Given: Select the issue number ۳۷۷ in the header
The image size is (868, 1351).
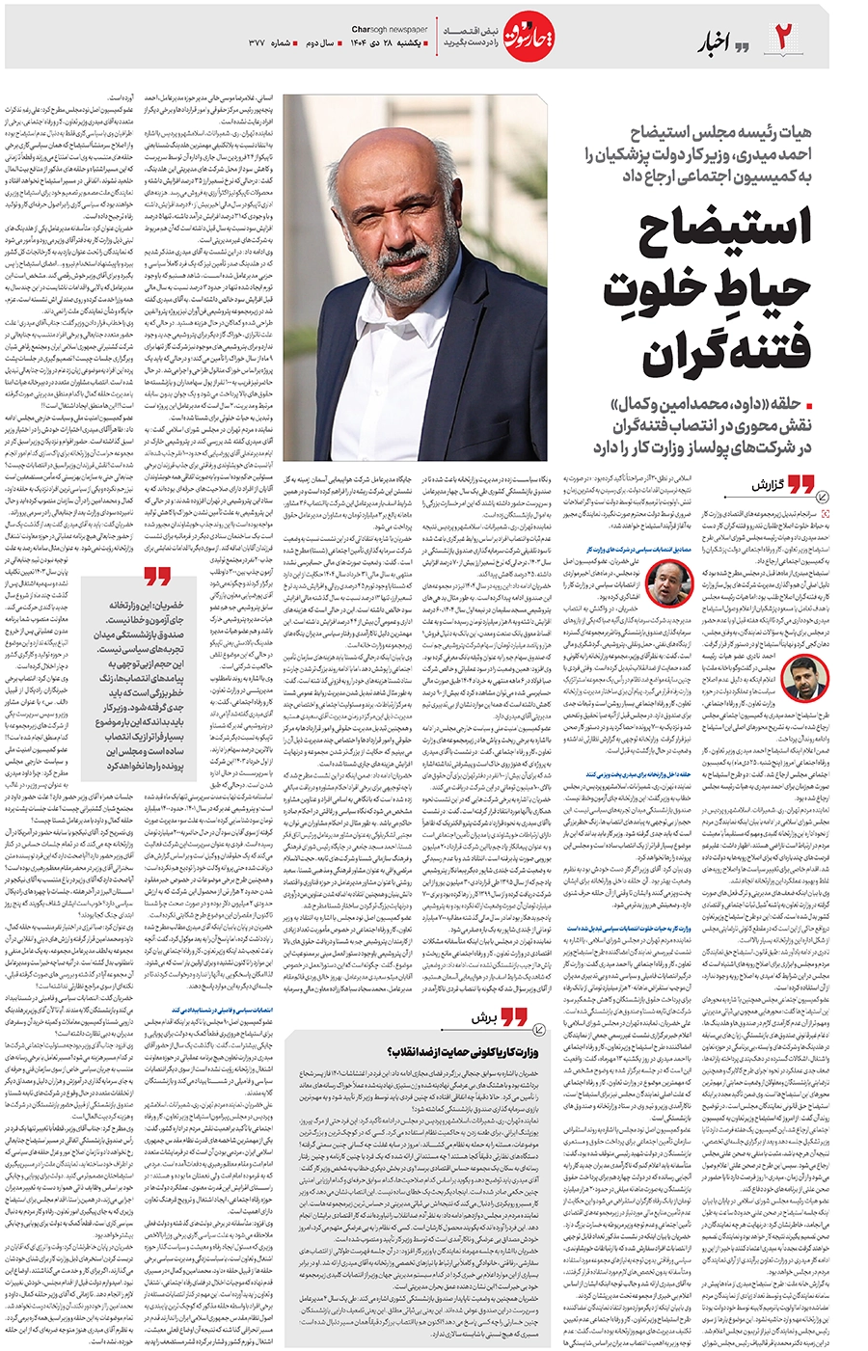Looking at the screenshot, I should (256, 44).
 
